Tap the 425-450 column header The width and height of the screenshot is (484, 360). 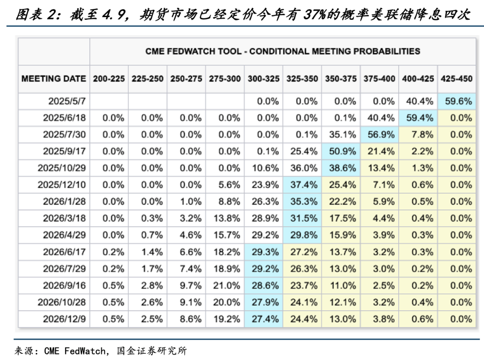coord(456,78)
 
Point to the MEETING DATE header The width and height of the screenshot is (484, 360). coord(54,78)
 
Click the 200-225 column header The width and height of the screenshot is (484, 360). coord(109,78)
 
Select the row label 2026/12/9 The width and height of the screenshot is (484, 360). coord(64,319)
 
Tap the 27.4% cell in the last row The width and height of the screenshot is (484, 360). coord(265,319)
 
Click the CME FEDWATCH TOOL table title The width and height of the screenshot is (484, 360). coord(282,51)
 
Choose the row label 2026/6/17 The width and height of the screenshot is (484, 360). coord(64,252)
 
